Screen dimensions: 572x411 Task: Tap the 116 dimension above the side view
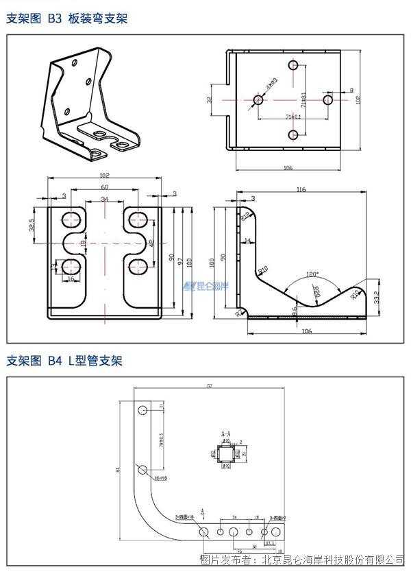(301, 189)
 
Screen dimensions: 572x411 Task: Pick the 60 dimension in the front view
(104, 187)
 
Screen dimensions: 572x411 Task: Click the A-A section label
(225, 434)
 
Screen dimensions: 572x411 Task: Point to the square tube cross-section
(225, 453)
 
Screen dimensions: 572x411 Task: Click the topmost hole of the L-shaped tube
(142, 410)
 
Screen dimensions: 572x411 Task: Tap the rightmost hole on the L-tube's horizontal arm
(276, 532)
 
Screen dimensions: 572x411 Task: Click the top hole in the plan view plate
(292, 69)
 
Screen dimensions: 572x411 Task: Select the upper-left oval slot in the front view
(71, 219)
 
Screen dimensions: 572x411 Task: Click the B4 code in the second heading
(55, 361)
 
